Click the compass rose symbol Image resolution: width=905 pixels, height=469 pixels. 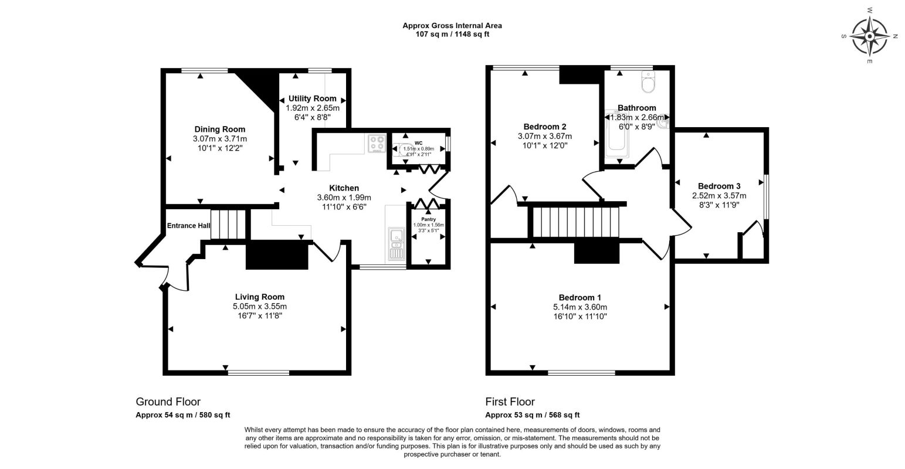pyautogui.click(x=869, y=36)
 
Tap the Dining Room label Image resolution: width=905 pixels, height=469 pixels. pyautogui.click(x=219, y=129)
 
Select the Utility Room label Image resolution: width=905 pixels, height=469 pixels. pyautogui.click(x=312, y=98)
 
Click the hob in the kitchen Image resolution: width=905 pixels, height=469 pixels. pyautogui.click(x=376, y=144)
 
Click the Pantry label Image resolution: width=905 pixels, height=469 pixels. pyautogui.click(x=428, y=219)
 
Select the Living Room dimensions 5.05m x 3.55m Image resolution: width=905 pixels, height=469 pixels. pyautogui.click(x=259, y=307)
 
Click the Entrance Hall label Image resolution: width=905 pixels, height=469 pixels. pyautogui.click(x=188, y=226)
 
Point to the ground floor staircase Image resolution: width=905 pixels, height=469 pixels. pyautogui.click(x=228, y=225)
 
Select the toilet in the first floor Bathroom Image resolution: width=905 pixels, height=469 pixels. pyautogui.click(x=648, y=83)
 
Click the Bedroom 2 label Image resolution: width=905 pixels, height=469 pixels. pyautogui.click(x=544, y=127)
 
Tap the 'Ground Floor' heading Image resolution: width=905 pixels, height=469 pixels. pyautogui.click(x=168, y=402)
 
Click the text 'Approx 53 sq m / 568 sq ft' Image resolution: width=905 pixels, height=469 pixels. pyautogui.click(x=532, y=414)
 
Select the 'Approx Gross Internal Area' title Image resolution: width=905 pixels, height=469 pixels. pyautogui.click(x=452, y=25)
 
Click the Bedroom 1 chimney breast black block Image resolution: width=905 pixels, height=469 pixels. pyautogui.click(x=596, y=253)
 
